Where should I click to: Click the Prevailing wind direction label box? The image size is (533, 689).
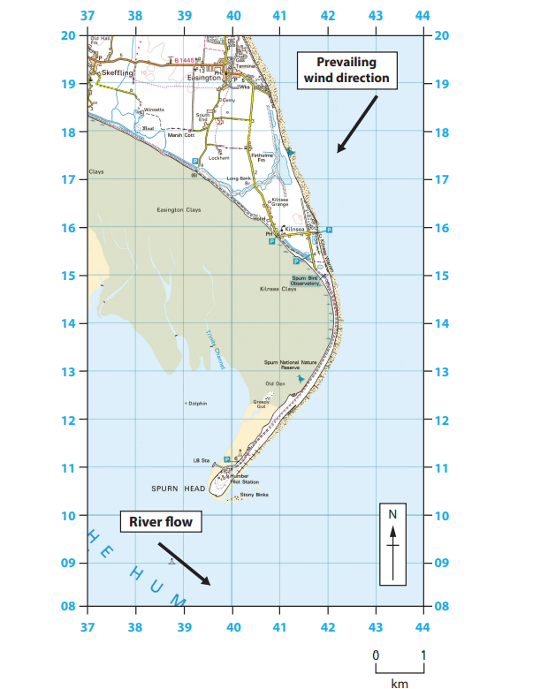(346, 70)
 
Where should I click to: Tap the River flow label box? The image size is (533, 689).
(160, 522)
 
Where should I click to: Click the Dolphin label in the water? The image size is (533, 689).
(196, 404)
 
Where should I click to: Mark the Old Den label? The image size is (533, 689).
(275, 384)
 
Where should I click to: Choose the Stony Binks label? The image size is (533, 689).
(254, 495)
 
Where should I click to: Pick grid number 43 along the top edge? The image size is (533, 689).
(375, 15)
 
